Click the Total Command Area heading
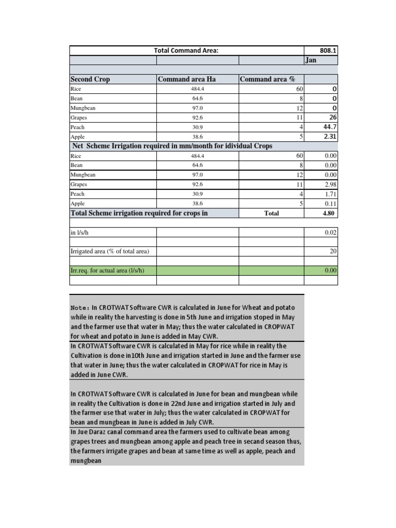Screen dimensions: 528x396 (x=186, y=50)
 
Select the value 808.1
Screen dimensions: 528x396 (x=327, y=51)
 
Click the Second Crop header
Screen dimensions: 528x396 (x=90, y=79)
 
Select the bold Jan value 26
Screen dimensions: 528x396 (x=332, y=117)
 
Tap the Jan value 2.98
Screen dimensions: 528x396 (x=330, y=184)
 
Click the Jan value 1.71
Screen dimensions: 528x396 (x=330, y=194)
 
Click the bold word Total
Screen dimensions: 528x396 (x=271, y=213)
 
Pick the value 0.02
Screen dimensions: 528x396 (x=331, y=233)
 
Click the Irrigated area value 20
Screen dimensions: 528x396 (x=333, y=251)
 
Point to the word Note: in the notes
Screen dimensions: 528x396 (x=80, y=307)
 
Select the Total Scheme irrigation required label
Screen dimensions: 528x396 (x=139, y=212)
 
